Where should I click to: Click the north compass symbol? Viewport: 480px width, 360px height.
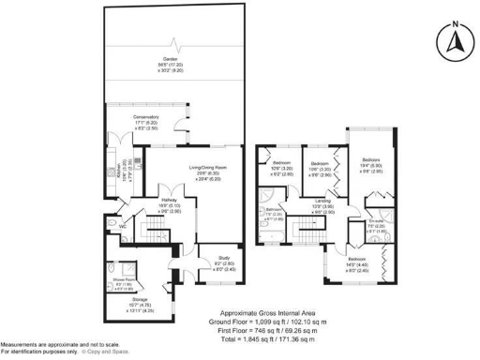tap(454, 39)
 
